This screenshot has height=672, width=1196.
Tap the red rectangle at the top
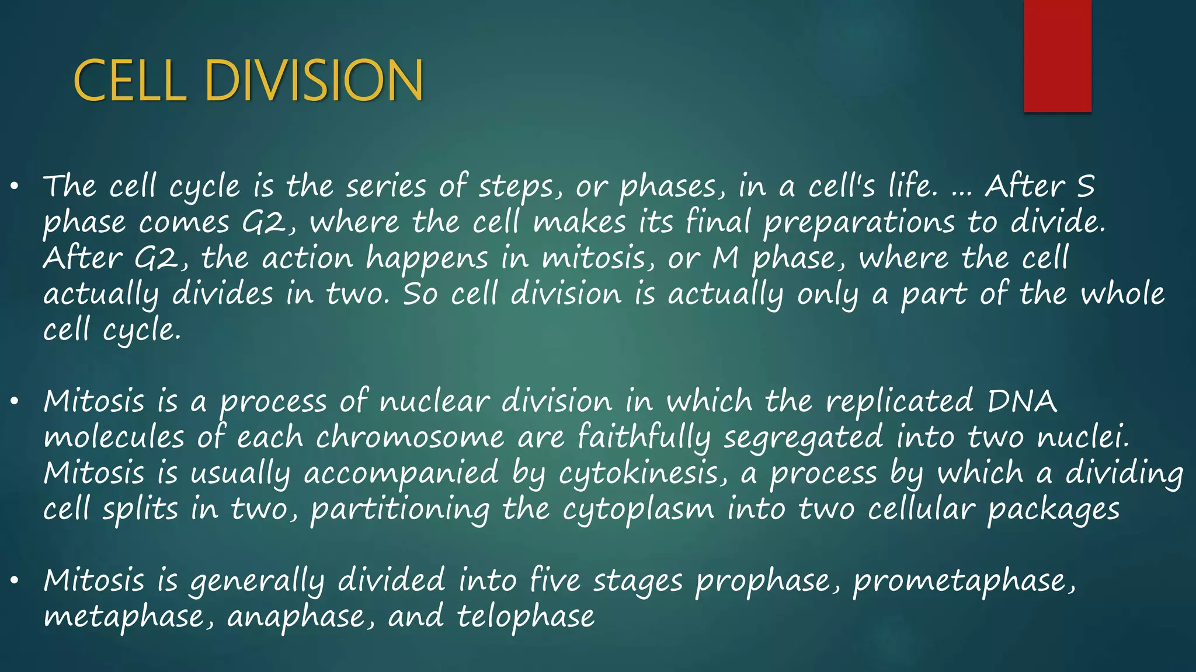(x=1057, y=56)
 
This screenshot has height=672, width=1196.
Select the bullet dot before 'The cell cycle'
(x=15, y=187)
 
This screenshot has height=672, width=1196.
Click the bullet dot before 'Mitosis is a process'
(x=15, y=402)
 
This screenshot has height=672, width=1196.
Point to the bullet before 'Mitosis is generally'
(x=15, y=581)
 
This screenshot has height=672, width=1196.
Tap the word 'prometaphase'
(x=964, y=581)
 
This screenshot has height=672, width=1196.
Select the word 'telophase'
(x=526, y=617)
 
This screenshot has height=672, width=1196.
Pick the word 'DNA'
(x=1022, y=402)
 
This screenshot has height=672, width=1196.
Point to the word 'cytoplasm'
(x=638, y=510)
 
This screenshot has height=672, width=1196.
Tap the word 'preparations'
(x=859, y=223)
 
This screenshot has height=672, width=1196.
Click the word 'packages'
(x=1053, y=510)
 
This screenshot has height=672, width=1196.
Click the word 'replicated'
(x=899, y=402)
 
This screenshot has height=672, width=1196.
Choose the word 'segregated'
(x=804, y=437)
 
